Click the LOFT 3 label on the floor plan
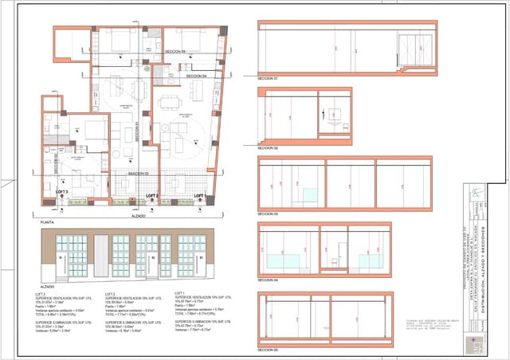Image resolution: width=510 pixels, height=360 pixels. coord(61,192)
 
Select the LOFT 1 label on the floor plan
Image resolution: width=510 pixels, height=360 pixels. coord(199,195)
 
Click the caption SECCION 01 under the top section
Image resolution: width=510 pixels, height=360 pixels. coord(268,80)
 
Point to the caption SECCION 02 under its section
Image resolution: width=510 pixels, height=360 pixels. coord(268,148)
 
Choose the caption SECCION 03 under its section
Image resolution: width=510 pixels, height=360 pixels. coord(268,214)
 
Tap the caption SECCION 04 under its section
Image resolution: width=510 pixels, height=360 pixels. coord(268,280)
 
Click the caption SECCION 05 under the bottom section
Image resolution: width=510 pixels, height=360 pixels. coord(268,348)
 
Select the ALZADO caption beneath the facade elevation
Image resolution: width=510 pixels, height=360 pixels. coord(47,284)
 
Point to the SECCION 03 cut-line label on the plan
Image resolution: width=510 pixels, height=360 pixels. coord(137,172)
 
